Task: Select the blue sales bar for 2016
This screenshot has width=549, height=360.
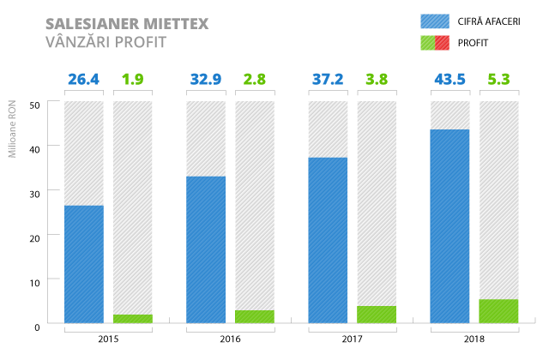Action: click(206, 249)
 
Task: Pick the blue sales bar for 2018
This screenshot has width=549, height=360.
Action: click(449, 226)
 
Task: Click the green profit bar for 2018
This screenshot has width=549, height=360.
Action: click(498, 311)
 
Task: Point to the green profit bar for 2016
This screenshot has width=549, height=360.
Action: click(255, 316)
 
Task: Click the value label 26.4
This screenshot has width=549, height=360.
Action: click(84, 80)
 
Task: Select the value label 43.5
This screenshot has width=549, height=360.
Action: click(449, 80)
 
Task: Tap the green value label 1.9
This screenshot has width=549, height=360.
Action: click(132, 80)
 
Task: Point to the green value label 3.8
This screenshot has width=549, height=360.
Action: click(377, 80)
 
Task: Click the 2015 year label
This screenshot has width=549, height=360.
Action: click(108, 339)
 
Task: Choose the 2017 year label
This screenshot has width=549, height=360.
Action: click(352, 339)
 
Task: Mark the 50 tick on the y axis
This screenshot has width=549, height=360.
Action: click(36, 104)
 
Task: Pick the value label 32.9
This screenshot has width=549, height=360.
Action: click(206, 80)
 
